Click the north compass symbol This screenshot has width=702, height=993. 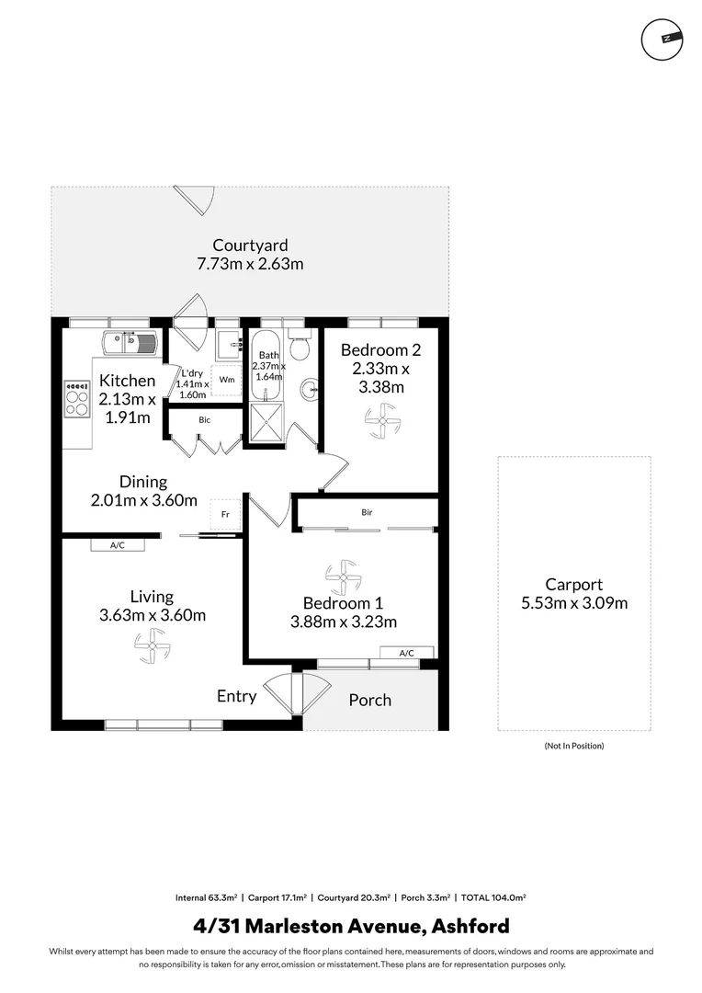(x=662, y=40)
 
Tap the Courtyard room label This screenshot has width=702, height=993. (x=250, y=245)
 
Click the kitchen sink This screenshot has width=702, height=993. (x=130, y=343)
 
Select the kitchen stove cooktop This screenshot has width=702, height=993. (x=77, y=399)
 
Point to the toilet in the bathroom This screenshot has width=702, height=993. (x=299, y=343)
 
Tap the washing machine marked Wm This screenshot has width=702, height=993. (x=227, y=380)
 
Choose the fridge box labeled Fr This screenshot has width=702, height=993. (x=225, y=514)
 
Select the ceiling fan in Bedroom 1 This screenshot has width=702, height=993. (x=343, y=577)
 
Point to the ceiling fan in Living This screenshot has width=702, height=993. (x=153, y=646)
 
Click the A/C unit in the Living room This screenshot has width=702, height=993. (x=118, y=544)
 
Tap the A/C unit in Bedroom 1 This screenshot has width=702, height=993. (x=407, y=653)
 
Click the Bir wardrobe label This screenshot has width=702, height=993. (x=368, y=512)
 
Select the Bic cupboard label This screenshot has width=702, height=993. (x=205, y=420)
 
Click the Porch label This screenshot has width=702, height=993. (x=370, y=700)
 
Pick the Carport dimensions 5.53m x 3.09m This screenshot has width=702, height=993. (x=574, y=603)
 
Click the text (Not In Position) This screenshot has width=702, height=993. (x=574, y=746)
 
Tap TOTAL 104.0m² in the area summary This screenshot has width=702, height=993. (x=493, y=897)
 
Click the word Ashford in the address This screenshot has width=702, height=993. (x=470, y=927)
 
